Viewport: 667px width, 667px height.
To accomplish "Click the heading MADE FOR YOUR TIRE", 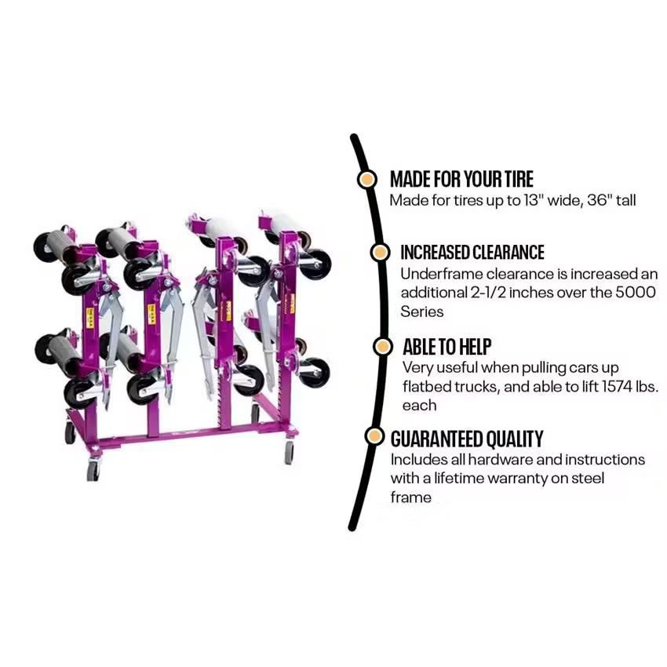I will (461, 179).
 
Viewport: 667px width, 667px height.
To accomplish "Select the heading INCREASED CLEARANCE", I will (472, 253).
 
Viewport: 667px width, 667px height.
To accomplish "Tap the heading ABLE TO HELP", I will (447, 346).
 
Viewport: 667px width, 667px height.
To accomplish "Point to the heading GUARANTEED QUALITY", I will (466, 439).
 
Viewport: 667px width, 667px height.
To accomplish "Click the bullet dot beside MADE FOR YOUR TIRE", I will (366, 179).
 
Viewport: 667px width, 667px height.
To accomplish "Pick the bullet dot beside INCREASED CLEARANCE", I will (379, 253).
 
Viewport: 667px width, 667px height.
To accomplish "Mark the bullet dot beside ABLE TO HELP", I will (382, 346).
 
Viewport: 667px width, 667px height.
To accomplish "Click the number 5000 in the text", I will (639, 293).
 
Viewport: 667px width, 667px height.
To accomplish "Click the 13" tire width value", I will (534, 200).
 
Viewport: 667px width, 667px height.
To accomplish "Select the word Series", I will (422, 312).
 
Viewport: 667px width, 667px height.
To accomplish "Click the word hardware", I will (490, 459).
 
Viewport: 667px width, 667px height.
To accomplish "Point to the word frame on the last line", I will (410, 497).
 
